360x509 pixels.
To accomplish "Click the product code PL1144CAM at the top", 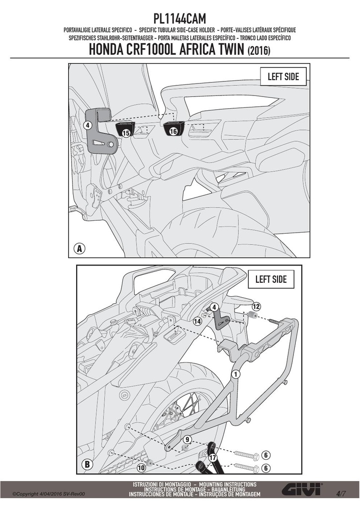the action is [180, 19].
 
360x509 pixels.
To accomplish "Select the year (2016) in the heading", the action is [259, 51].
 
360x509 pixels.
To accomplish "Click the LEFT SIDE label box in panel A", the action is [283, 77].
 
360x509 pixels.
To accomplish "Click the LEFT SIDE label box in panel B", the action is [270, 279].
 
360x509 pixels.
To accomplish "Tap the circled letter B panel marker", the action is [87, 464].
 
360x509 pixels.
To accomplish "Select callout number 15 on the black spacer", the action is [126, 132].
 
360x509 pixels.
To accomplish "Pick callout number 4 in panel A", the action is [89, 125].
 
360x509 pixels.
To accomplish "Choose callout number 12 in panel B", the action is [256, 306].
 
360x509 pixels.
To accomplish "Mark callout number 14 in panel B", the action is [197, 322].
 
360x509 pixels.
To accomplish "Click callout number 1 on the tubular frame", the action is [236, 374].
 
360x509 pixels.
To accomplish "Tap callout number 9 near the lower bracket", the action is [187, 440].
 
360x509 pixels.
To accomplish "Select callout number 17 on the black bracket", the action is [212, 458].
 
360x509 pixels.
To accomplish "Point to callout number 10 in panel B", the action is [141, 468].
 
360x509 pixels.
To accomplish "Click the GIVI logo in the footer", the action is [302, 490].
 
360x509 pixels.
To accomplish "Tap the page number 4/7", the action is [341, 494].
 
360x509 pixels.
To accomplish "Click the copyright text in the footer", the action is [49, 494].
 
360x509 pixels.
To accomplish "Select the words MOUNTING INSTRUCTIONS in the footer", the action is [228, 484].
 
